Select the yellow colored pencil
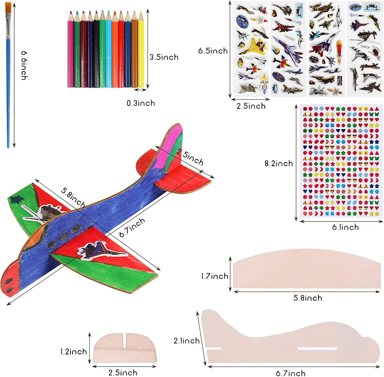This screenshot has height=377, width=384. point(141,51)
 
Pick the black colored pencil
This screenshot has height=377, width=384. point(96,51)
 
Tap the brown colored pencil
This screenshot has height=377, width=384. point(134,51)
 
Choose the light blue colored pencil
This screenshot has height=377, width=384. point(109,51)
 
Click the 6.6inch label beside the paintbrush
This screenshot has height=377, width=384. point(24,65)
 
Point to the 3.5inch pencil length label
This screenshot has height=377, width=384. point(164,57)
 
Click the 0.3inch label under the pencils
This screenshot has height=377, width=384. point(141,103)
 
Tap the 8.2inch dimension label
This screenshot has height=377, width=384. point(279,163)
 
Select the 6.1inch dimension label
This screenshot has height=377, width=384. point(345,227)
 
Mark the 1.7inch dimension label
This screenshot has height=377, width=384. point(215,276)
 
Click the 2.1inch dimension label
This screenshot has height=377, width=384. point(186,341)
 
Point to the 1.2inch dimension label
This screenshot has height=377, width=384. point(73,352)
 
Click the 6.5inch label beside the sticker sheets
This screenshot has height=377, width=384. point(213,51)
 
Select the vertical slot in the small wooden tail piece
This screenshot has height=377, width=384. point(125,340)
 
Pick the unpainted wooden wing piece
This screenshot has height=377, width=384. point(307,271)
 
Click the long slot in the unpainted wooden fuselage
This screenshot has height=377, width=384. point(317,349)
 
